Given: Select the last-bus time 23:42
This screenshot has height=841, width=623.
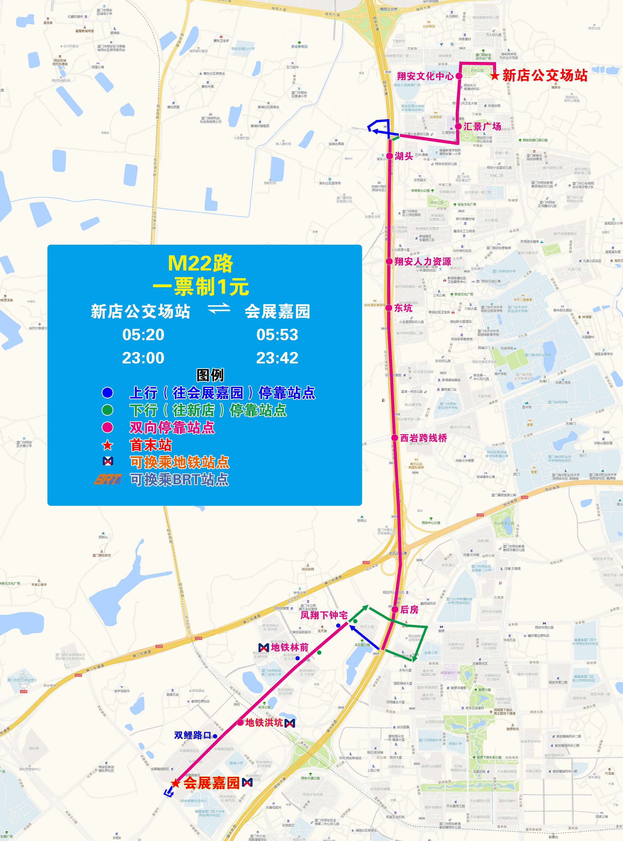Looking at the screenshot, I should pos(277,358).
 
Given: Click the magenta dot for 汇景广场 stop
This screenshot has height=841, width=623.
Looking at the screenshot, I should pos(458,126).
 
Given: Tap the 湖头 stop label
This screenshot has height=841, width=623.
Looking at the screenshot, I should pos(404,156).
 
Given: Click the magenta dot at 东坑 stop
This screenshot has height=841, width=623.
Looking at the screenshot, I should pos(389,308).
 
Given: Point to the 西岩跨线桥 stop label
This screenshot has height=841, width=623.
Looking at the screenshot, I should pos(424,438).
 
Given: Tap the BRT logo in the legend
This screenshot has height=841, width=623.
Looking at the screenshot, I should pos(108,479).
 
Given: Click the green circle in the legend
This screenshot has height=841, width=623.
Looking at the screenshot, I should pos(107,410).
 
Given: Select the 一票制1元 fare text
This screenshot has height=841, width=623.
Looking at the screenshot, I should pos(201,287).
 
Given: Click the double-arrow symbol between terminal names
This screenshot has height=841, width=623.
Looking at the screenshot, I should pos(219,308).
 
